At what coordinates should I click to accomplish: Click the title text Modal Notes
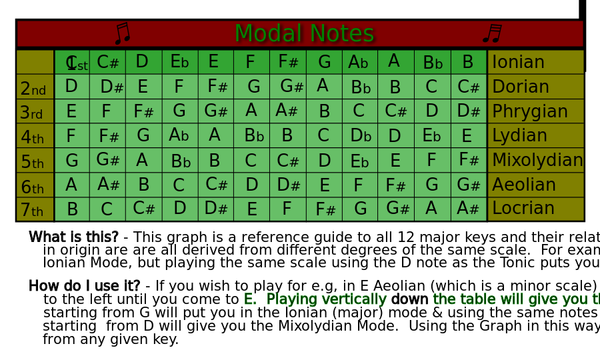304,33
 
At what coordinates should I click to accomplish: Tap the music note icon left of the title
123,33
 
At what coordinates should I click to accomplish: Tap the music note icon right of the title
492,33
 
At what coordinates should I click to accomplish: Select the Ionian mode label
518,62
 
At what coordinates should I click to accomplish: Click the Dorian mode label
520,87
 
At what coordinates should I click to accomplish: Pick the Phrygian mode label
529,111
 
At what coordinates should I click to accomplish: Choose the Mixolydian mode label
537,160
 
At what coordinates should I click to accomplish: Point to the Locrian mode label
523,209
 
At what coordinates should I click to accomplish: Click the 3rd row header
31,112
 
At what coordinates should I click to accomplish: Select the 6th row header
31,186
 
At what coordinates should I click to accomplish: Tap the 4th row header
31,137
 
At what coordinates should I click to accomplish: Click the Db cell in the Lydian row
360,136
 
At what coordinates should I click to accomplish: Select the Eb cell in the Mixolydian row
359,161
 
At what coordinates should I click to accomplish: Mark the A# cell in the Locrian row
468,209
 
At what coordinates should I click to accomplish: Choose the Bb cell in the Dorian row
360,87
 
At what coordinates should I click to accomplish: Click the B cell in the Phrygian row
324,111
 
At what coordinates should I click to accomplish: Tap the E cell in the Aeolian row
324,185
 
